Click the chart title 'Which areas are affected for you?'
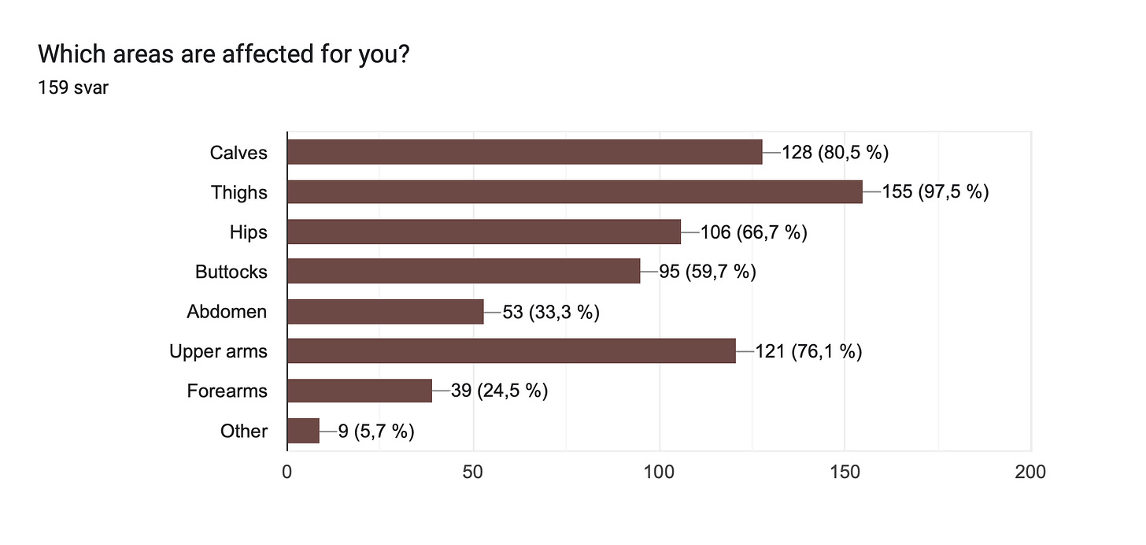(224, 54)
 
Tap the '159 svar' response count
(73, 87)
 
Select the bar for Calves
(525, 152)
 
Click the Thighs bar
(575, 191)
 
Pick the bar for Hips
(484, 232)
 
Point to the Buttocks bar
(464, 271)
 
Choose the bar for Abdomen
(385, 312)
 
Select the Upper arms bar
(512, 350)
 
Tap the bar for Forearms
(360, 391)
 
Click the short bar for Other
(303, 431)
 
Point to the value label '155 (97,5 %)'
(936, 192)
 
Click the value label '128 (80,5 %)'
(835, 153)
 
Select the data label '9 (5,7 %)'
(376, 432)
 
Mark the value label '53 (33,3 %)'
(551, 312)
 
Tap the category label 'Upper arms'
(219, 351)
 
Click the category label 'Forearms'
(227, 391)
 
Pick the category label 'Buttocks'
(231, 272)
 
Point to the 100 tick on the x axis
(659, 472)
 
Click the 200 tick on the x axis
(1030, 472)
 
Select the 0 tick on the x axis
(287, 472)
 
